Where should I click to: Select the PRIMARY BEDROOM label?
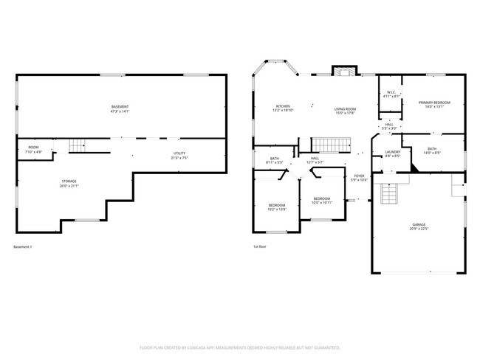point(435,102)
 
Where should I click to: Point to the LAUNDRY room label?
point(392,151)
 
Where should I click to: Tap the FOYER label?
point(360,176)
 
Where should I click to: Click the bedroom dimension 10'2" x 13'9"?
point(277,209)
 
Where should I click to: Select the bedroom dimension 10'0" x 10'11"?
point(322,202)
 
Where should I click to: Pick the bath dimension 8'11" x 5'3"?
point(274,162)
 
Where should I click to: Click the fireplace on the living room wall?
point(341,72)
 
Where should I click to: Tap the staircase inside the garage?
point(389,194)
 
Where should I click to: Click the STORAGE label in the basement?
point(69,181)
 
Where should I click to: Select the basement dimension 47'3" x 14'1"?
point(120,112)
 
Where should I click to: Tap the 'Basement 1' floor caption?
point(23,246)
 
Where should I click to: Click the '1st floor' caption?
point(259,246)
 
